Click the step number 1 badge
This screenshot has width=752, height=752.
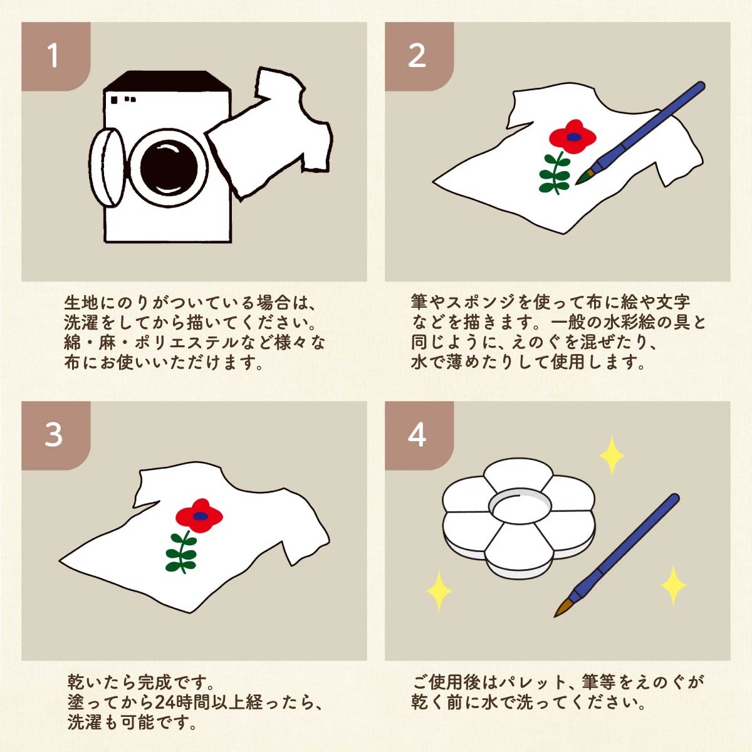coord(56,56)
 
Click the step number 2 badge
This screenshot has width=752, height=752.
coord(419,56)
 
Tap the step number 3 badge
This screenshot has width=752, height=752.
coord(56,435)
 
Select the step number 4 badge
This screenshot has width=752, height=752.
coord(419,435)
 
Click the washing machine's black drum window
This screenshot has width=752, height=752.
coord(169,168)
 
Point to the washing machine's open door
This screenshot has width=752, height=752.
coord(107,167)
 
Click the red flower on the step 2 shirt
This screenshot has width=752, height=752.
coord(573,136)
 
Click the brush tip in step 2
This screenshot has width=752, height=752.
coord(582,178)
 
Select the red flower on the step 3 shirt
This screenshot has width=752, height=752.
coord(199,516)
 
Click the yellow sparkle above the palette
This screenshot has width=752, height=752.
coord(612,456)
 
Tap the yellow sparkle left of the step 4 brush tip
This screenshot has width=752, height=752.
coord(439,591)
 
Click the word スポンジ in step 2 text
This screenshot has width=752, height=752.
coord(481,302)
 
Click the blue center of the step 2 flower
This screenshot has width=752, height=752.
coord(573,137)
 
